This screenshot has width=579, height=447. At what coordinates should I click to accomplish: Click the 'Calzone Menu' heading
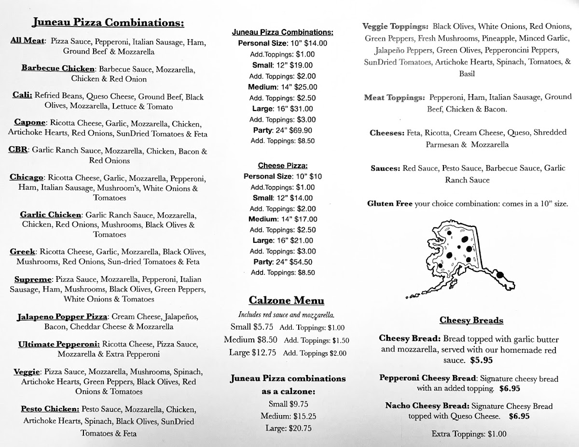[x=286, y=301]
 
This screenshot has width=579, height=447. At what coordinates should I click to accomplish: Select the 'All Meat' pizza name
[x=27, y=41]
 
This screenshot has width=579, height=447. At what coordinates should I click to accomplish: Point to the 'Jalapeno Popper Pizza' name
[x=61, y=317]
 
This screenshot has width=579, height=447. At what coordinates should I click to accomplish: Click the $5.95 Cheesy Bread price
[x=482, y=360]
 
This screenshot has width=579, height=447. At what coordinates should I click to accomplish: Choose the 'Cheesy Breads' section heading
[x=465, y=321]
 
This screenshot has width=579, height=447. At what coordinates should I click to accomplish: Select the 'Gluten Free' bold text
[x=389, y=204]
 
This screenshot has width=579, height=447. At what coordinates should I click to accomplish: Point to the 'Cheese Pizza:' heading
[x=282, y=166]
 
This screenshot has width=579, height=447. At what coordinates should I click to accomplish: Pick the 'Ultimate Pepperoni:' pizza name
[x=59, y=344]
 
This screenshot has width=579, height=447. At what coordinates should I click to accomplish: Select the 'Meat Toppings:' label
[x=394, y=98]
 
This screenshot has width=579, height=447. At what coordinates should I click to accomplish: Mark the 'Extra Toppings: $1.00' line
[x=469, y=433]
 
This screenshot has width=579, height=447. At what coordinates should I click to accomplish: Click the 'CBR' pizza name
[x=19, y=151]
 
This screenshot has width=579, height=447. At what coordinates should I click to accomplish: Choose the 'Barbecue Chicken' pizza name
[x=57, y=69]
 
